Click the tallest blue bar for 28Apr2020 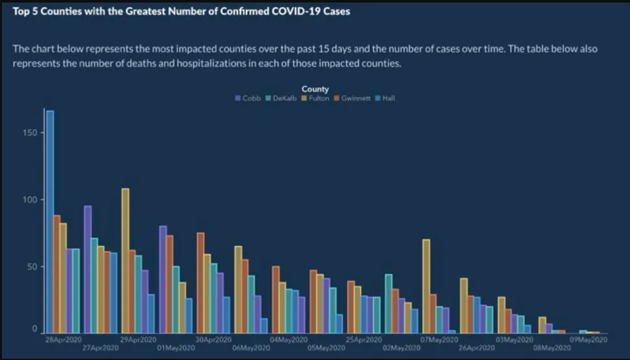click(x=50, y=221)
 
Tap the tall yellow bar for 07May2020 click(x=426, y=286)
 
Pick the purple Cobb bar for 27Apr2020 click(x=87, y=270)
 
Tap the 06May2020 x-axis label click(x=250, y=347)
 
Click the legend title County click(x=315, y=89)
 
